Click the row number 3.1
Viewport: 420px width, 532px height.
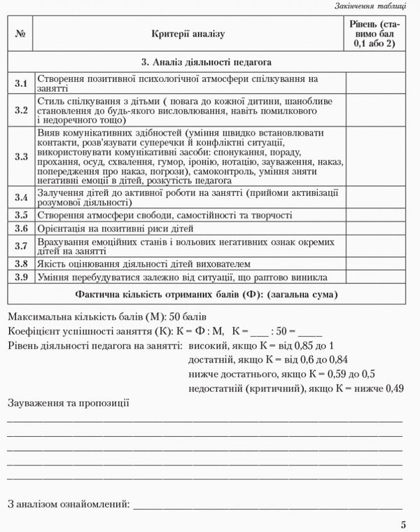point(20,84)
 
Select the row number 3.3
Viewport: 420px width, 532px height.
point(20,157)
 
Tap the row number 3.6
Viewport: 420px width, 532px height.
point(20,229)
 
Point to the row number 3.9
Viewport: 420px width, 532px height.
point(20,277)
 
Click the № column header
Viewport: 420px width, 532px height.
point(20,33)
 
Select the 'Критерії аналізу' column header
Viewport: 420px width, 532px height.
point(188,33)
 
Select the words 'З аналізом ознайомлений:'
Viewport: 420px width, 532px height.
point(69,503)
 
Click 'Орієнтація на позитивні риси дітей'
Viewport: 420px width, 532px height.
point(115,229)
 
